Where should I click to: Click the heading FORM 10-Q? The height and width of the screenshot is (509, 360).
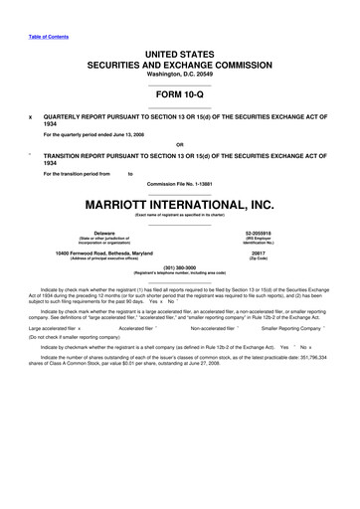[x=179, y=97]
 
